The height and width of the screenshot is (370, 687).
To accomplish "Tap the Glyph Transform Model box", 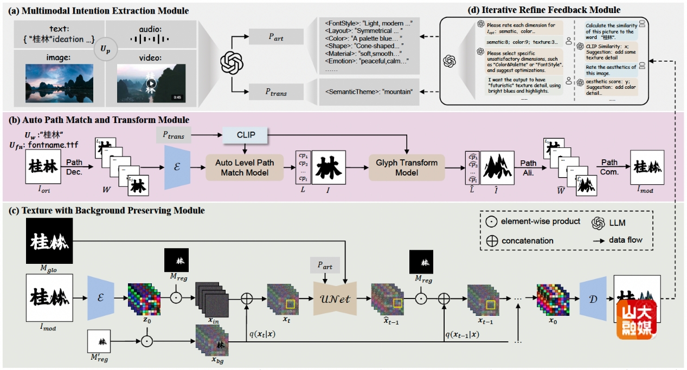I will click(406, 167).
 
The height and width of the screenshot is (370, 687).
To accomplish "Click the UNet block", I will click(335, 298).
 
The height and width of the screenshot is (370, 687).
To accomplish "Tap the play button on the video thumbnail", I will click(151, 83).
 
